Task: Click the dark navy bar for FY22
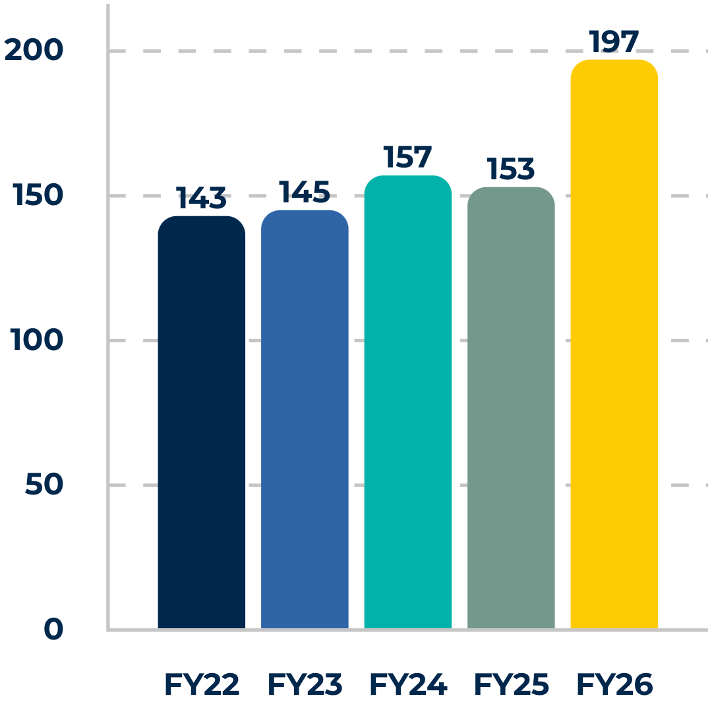(202, 423)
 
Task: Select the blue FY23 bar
(305, 419)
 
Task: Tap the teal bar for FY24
(408, 402)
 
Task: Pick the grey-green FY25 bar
(511, 408)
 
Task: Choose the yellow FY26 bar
(614, 344)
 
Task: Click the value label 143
(201, 198)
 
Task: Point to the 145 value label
(304, 192)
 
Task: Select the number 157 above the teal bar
(407, 157)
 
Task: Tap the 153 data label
(510, 169)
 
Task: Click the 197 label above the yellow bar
(614, 42)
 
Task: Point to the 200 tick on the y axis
(34, 49)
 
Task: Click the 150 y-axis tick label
(38, 194)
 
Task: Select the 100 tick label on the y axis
(36, 340)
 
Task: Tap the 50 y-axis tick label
(44, 484)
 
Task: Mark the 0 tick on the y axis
(53, 629)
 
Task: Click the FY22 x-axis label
(202, 684)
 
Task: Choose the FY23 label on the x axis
(305, 684)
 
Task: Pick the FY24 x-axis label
(408, 684)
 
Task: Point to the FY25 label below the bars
(512, 684)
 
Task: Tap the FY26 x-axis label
(614, 684)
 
